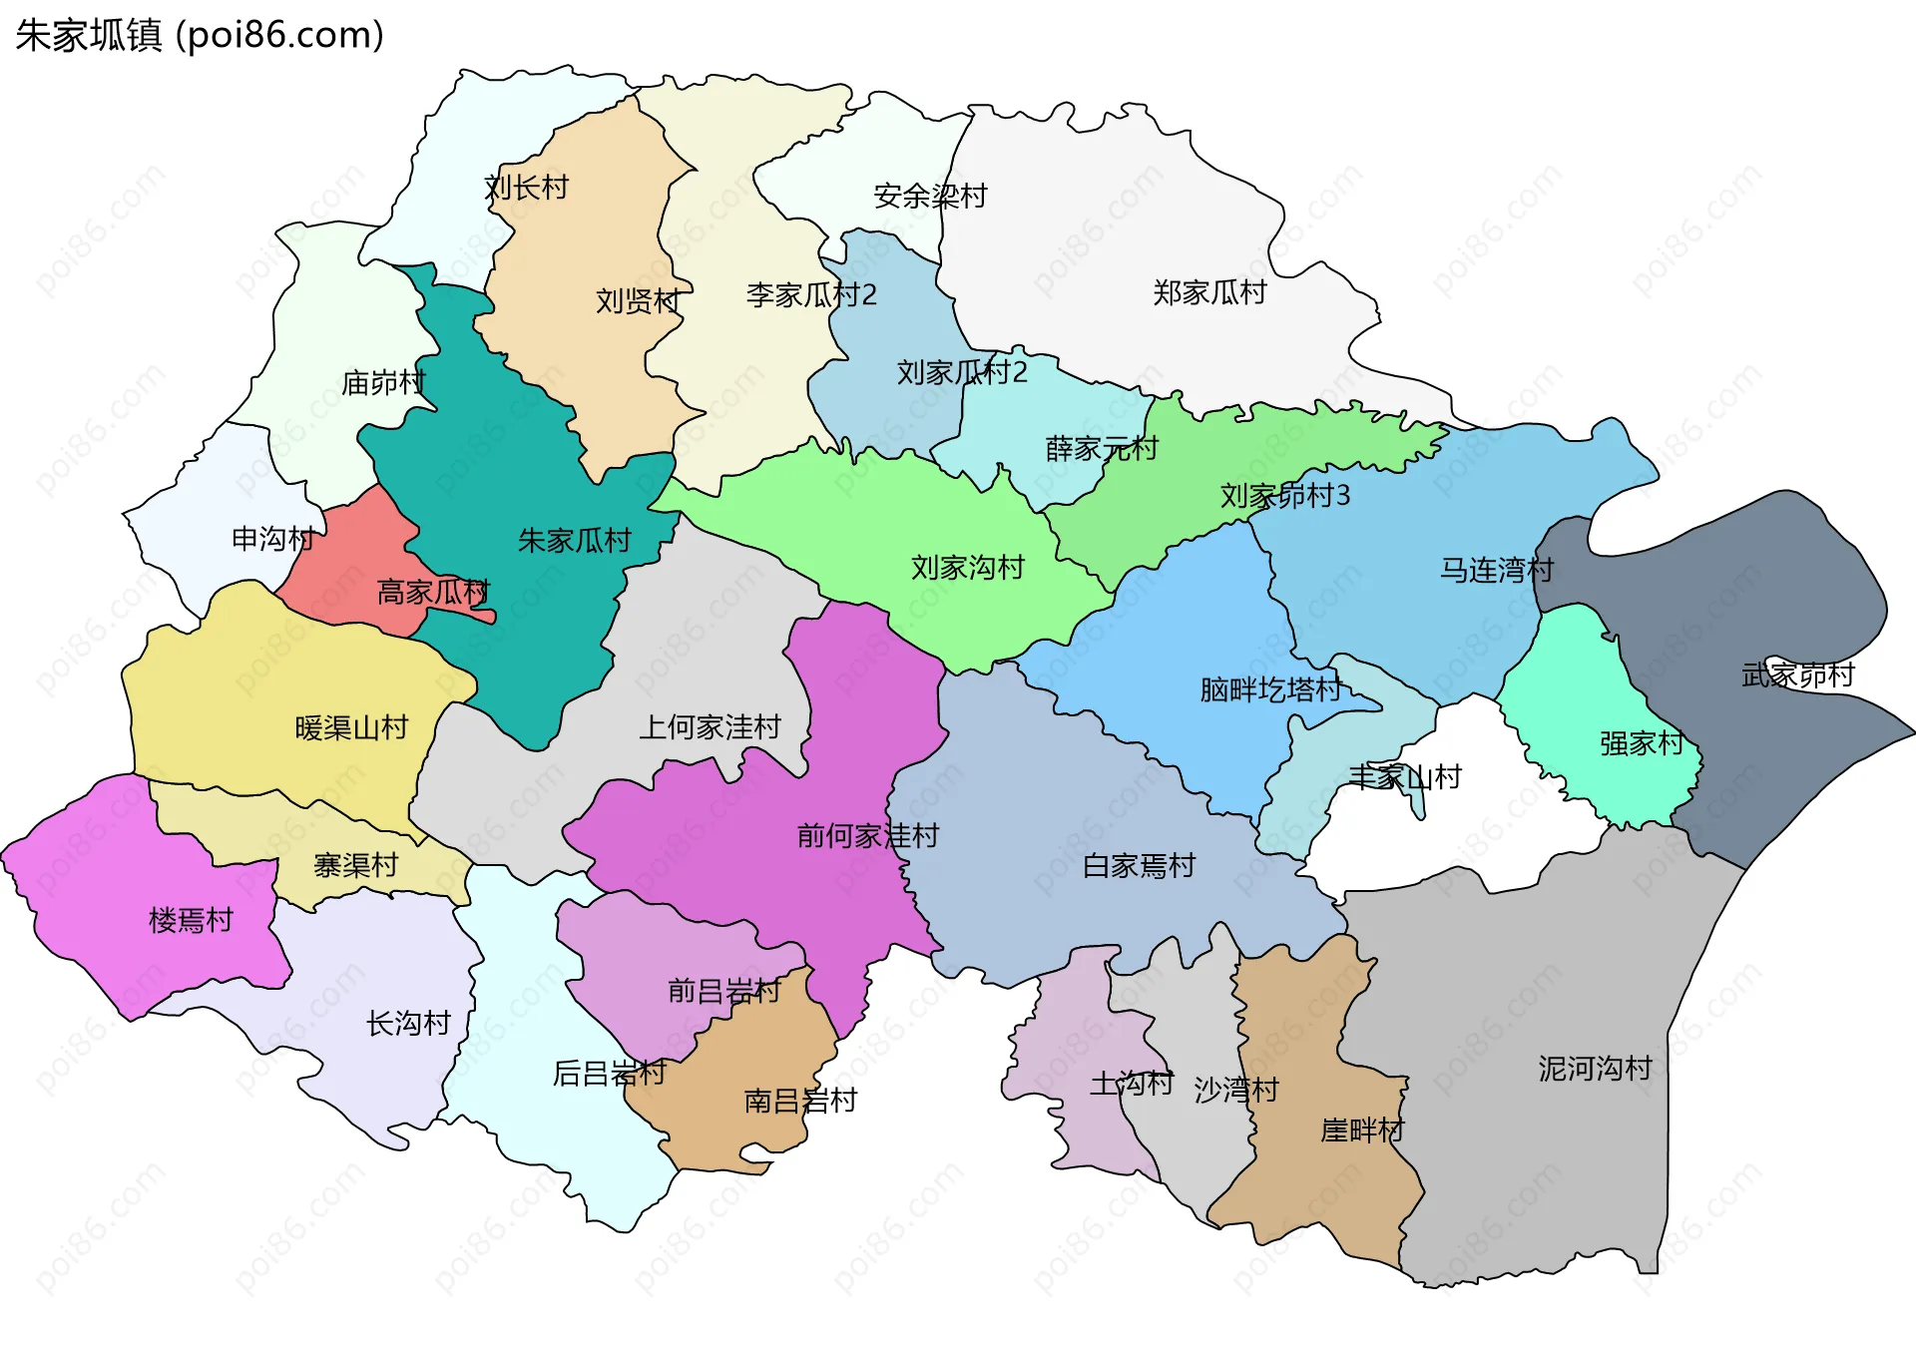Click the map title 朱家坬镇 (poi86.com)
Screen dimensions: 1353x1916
coord(200,36)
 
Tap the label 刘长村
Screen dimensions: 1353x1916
coord(526,188)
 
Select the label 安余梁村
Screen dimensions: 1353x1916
coord(930,196)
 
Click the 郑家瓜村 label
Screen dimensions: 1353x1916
coord(1209,292)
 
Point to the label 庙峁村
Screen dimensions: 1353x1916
coord(383,382)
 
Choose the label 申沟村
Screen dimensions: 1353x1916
coord(272,539)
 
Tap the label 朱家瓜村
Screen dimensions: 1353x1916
coord(575,541)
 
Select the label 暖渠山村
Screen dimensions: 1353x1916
coord(351,727)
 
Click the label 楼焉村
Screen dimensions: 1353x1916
coord(191,920)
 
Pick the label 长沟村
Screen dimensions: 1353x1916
coord(408,1023)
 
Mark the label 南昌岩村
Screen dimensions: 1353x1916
coord(800,1101)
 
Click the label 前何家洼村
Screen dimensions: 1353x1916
coord(868,835)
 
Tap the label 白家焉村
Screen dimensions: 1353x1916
coord(1139,865)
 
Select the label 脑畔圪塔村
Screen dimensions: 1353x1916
coord(1270,689)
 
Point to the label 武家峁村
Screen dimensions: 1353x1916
coord(1797,676)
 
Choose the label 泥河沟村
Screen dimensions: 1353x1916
coord(1595,1069)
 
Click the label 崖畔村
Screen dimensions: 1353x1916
coord(1362,1129)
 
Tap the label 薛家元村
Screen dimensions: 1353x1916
coord(1102,448)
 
